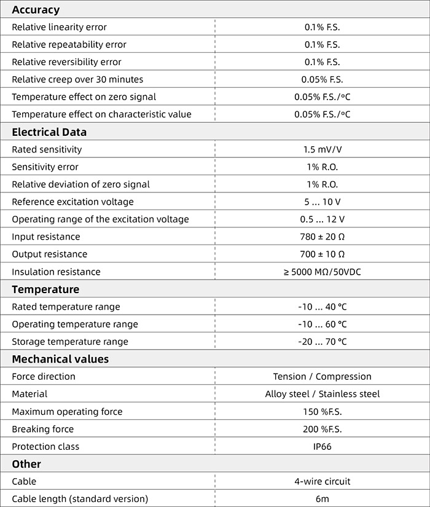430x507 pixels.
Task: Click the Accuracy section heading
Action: click(36, 10)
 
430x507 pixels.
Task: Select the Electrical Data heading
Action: click(49, 132)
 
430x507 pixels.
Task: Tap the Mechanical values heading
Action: click(60, 359)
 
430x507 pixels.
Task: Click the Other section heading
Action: click(26, 464)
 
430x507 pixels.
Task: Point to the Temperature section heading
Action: click(45, 289)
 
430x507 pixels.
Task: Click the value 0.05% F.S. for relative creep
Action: click(322, 79)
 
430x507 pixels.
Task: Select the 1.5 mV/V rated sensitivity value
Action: click(322, 149)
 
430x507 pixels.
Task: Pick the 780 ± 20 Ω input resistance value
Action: click(322, 237)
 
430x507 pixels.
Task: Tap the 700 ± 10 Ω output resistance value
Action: click(322, 254)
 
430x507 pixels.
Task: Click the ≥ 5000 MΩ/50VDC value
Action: click(322, 272)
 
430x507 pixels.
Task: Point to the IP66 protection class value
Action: click(322, 447)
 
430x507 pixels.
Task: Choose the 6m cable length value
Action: click(322, 499)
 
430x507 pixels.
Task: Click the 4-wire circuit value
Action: click(322, 482)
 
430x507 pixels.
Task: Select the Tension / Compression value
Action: click(322, 377)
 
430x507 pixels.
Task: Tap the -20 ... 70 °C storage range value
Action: click(322, 342)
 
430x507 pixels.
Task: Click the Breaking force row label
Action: click(42, 429)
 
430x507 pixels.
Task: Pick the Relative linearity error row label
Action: click(59, 27)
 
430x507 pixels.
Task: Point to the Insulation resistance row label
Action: click(56, 272)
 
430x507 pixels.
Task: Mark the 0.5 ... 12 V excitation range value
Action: click(322, 219)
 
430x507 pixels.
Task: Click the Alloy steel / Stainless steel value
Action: click(322, 394)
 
